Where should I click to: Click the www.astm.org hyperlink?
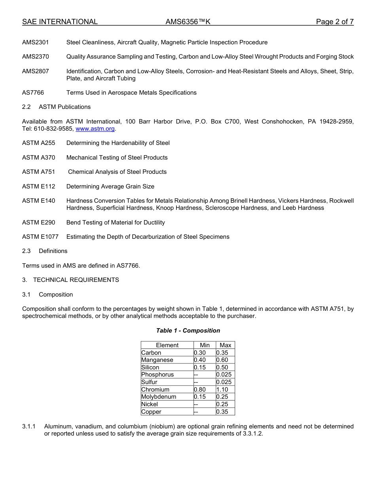click(95, 129)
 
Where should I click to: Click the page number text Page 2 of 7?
click(334, 22)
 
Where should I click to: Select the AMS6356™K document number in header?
click(188, 22)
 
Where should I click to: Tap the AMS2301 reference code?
click(36, 42)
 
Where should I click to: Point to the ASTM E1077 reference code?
click(40, 237)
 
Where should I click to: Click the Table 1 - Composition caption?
click(188, 331)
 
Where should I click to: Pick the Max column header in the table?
click(225, 345)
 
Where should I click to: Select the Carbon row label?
click(151, 353)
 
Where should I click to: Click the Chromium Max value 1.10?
click(222, 390)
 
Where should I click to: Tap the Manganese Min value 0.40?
click(200, 360)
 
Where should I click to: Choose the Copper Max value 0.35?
click(222, 412)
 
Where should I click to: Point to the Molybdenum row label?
click(159, 397)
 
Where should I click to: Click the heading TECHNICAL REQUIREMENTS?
click(76, 280)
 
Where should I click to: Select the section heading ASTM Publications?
click(65, 107)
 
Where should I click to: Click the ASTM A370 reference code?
click(38, 158)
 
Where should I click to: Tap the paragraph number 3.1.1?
click(29, 426)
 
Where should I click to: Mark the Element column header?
click(167, 345)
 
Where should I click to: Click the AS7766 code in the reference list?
click(33, 93)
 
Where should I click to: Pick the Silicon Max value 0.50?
click(222, 367)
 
